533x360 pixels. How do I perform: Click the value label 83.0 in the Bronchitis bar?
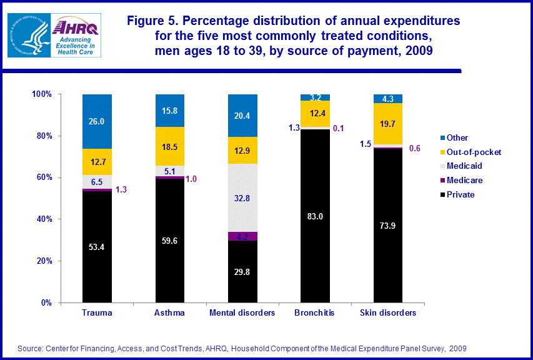[315, 216]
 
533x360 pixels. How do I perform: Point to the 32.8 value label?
[242, 199]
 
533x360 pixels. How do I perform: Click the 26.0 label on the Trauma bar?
[97, 122]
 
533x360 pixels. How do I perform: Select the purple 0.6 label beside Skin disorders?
[414, 148]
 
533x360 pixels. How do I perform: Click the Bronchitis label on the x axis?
[315, 313]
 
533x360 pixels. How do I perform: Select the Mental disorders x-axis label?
[242, 313]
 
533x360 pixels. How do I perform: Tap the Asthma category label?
[169, 313]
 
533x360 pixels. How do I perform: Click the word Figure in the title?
[146, 21]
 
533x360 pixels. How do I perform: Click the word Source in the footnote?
[31, 348]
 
